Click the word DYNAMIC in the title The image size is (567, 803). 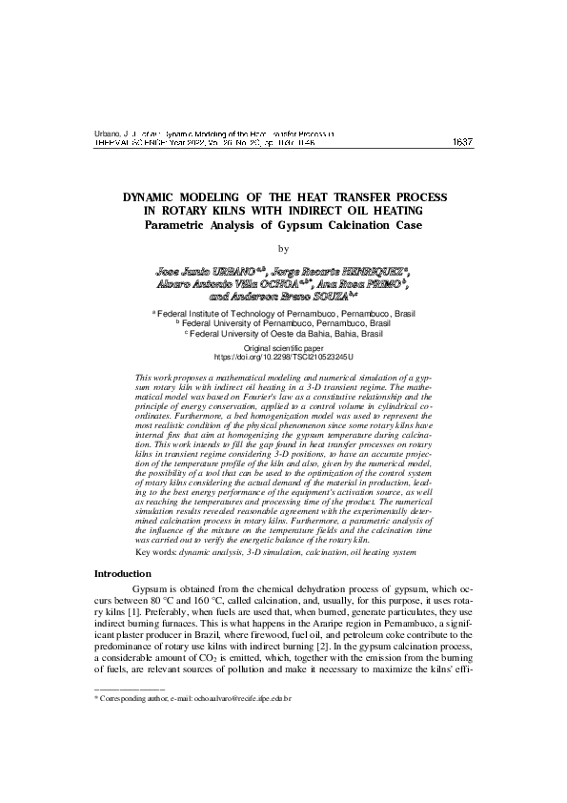[157, 196]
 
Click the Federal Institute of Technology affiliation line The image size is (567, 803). [284, 313]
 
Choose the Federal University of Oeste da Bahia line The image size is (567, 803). [284, 334]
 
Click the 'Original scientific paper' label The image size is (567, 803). [283, 348]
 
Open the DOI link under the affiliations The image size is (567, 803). [283, 357]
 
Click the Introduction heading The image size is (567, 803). [122, 573]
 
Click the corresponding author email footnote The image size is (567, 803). [191, 699]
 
